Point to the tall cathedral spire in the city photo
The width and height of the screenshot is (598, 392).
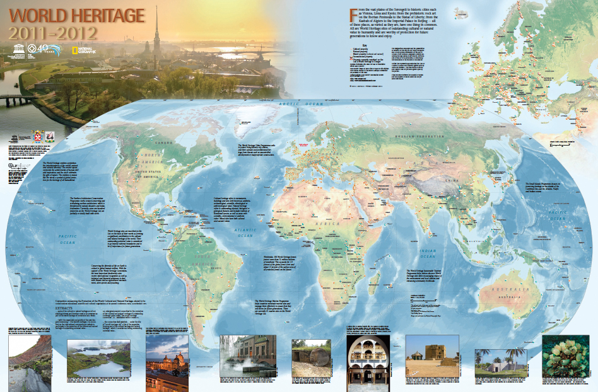point(155,28)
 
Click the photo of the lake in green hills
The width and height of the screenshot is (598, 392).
point(95,355)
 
